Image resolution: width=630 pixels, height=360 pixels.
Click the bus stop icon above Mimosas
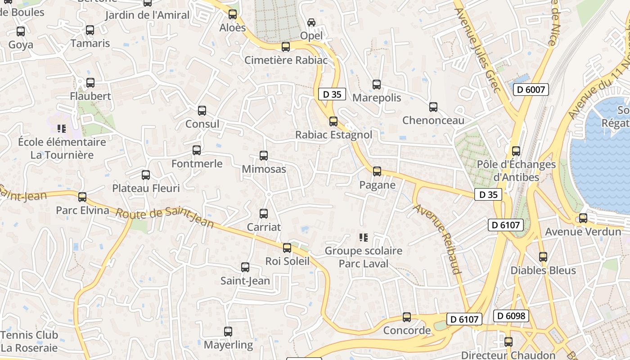[264, 156]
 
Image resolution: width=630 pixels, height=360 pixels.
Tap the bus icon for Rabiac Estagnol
[333, 121]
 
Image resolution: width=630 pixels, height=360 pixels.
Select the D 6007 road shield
[531, 90]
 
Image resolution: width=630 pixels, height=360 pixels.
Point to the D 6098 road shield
[510, 316]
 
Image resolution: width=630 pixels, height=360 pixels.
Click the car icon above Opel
[311, 22]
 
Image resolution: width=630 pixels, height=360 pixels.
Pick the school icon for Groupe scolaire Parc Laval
[364, 237]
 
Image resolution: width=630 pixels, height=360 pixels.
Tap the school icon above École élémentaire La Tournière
[62, 129]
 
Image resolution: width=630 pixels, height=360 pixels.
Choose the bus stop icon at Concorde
[407, 317]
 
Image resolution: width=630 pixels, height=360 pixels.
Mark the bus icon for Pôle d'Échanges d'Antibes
[516, 151]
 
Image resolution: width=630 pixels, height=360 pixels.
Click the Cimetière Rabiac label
[286, 60]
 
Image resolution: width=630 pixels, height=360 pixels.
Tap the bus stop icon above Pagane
[377, 171]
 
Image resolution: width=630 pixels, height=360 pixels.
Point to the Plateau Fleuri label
[146, 188]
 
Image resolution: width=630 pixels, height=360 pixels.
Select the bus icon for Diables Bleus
[543, 257]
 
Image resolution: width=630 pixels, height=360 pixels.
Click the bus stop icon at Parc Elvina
[82, 197]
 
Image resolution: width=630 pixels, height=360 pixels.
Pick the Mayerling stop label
[229, 345]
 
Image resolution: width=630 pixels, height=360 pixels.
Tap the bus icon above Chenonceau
[433, 107]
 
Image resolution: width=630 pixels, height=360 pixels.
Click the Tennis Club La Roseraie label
[29, 342]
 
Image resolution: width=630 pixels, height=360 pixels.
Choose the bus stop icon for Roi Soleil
[287, 248]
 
